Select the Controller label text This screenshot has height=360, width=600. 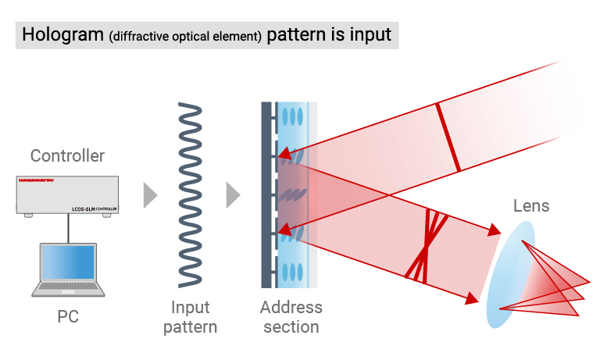(67, 155)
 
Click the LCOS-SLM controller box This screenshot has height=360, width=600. (67, 196)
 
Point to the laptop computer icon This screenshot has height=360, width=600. (68, 270)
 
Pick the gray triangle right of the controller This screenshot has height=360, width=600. (150, 195)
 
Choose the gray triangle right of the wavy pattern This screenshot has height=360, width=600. (232, 195)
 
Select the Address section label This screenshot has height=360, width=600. (291, 316)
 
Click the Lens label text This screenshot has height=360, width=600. (531, 206)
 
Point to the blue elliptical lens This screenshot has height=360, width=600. (512, 273)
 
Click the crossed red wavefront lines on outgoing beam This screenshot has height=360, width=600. (427, 245)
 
